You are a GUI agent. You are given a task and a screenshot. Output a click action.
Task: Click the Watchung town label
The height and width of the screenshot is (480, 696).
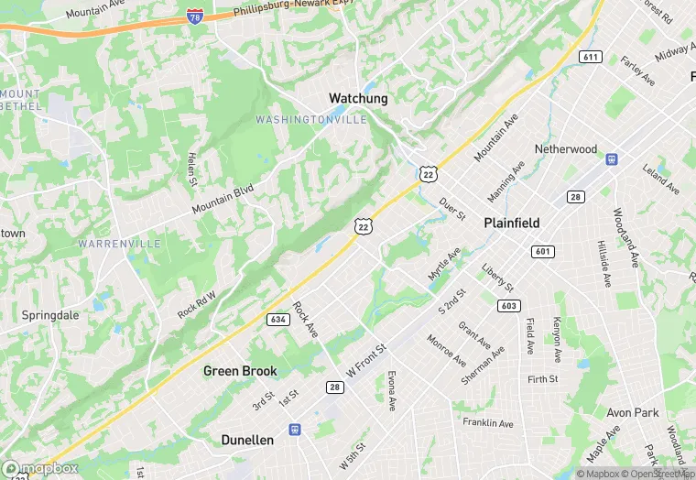(358, 98)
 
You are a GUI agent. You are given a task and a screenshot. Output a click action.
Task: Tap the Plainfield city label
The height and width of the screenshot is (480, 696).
(511, 223)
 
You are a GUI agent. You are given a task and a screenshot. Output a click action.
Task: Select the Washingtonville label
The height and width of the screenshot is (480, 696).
(310, 120)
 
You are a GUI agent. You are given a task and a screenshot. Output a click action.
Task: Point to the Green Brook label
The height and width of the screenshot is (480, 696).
(240, 371)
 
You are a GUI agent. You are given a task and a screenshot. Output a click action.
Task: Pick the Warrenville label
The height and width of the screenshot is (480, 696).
(119, 244)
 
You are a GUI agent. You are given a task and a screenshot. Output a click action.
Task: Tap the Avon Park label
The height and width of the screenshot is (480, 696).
(632, 412)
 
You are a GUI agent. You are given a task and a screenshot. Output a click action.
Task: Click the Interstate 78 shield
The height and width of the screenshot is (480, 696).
(194, 16)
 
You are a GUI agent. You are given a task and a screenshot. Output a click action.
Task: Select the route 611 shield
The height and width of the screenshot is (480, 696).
(590, 57)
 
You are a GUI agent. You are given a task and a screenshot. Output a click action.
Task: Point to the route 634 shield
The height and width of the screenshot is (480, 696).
(279, 320)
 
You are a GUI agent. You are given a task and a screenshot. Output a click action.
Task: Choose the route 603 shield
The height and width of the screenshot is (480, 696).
(507, 305)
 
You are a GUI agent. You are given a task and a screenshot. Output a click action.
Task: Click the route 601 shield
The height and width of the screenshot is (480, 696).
(544, 251)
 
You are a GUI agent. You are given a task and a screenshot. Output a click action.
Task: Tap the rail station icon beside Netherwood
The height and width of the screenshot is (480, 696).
(612, 158)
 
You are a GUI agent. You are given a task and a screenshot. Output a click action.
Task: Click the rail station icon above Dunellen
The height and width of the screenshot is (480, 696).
(295, 429)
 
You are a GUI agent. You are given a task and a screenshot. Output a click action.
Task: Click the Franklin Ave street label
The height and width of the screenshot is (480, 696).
(487, 423)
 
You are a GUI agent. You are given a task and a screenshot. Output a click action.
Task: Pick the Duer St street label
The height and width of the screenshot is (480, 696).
(453, 208)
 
